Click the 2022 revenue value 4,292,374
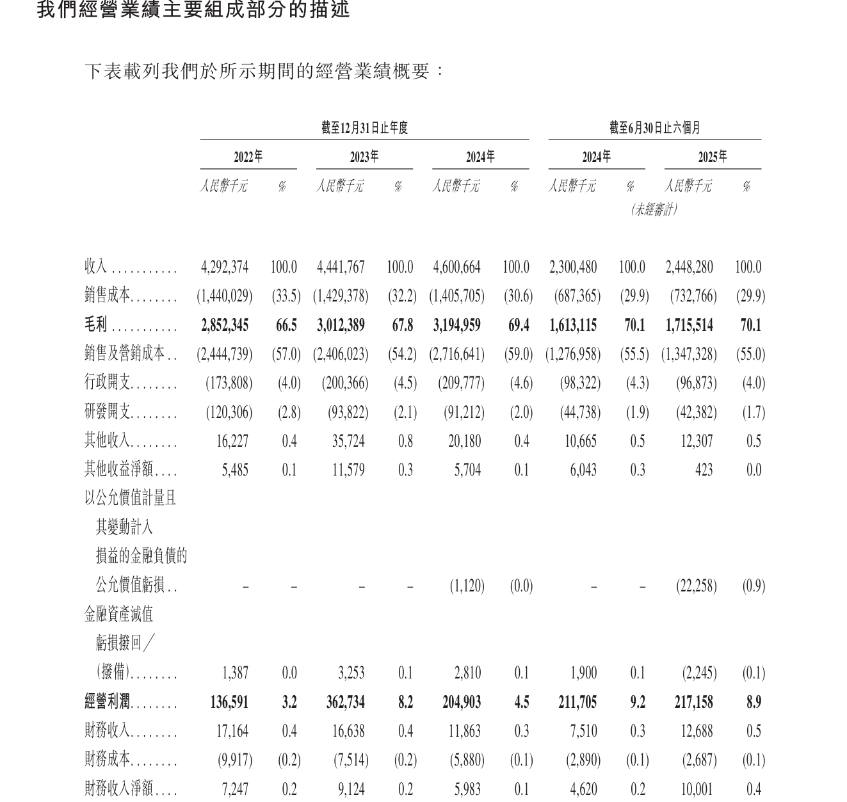[x=224, y=267]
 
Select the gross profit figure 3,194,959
[x=456, y=325]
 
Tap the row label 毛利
[x=96, y=325]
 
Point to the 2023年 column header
[x=364, y=157]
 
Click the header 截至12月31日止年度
[x=364, y=128]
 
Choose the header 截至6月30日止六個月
[x=654, y=128]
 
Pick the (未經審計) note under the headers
[x=654, y=209]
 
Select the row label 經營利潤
[x=108, y=702]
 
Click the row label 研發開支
[x=108, y=412]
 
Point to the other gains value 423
[x=704, y=470]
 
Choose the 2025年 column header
[x=713, y=157]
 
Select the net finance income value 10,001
[x=697, y=789]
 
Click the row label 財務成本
[x=108, y=760]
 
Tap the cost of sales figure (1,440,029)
[x=224, y=296]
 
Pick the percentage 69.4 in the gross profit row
[x=519, y=325]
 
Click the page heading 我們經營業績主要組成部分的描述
[x=193, y=10]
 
